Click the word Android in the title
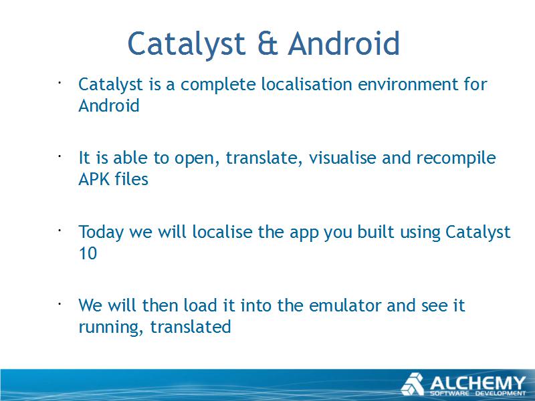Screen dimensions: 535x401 (x=344, y=43)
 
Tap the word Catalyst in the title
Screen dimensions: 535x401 (x=187, y=44)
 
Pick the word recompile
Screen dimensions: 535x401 (x=456, y=158)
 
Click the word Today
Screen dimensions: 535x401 (x=101, y=233)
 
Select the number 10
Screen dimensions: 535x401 (x=88, y=253)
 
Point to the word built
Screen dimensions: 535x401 (x=376, y=231)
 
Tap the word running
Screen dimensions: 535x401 (x=110, y=327)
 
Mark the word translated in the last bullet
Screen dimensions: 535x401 (x=191, y=327)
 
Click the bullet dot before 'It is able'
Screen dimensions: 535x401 (x=59, y=156)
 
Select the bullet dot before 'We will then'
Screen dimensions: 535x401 (x=59, y=303)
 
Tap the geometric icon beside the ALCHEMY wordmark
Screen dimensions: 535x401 (x=413, y=384)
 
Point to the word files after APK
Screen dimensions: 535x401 (x=131, y=178)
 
